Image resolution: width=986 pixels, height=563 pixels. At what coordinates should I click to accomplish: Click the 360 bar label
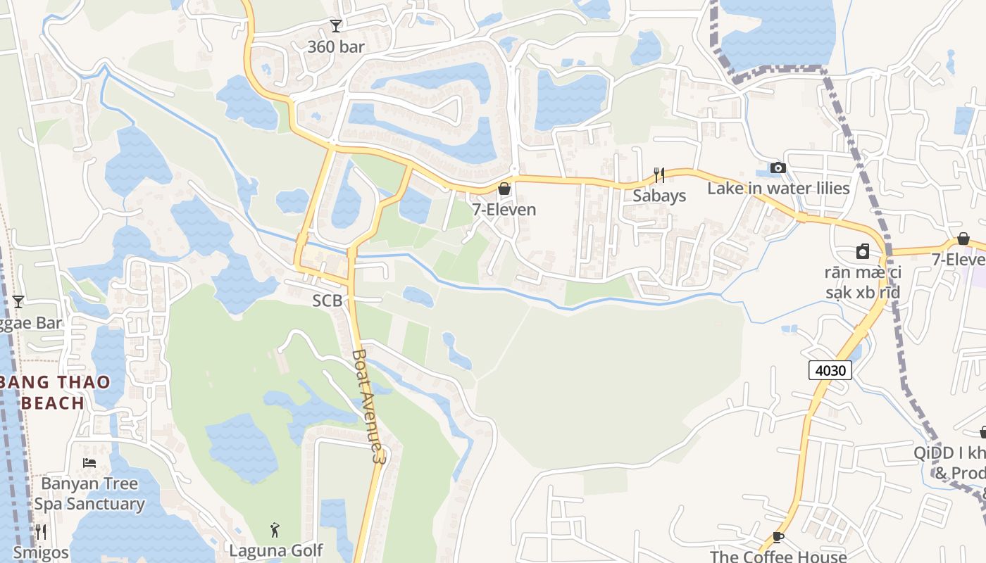[x=336, y=47]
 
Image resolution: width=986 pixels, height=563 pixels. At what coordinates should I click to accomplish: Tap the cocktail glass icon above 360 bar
[x=336, y=26]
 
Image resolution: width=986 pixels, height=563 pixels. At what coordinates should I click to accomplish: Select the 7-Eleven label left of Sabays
[x=504, y=210]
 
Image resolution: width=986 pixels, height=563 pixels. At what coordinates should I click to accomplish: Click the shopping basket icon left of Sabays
[x=504, y=189]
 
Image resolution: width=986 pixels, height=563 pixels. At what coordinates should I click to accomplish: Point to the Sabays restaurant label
[x=659, y=196]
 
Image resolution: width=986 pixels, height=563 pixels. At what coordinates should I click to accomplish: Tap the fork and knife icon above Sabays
[x=659, y=175]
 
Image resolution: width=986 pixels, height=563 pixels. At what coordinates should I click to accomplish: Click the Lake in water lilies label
[x=778, y=189]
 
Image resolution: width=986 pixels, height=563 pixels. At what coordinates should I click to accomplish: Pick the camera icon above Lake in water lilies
[x=778, y=167]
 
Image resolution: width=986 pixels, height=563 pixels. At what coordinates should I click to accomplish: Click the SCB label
[x=327, y=301]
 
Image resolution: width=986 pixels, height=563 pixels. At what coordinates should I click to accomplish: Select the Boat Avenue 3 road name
[x=370, y=406]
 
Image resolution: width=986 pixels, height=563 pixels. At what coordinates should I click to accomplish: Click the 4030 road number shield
[x=830, y=370]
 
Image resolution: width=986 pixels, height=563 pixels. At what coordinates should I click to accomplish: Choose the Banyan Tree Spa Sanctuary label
[x=89, y=494]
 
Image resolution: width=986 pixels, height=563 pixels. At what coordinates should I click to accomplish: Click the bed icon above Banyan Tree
[x=89, y=463]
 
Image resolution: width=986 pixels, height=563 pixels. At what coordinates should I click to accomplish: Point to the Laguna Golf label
[x=275, y=550]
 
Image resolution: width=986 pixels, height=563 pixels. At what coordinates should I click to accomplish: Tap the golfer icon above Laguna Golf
[x=275, y=529]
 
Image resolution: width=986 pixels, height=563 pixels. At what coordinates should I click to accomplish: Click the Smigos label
[x=41, y=552]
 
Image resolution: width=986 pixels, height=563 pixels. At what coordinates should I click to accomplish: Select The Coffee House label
[x=778, y=556]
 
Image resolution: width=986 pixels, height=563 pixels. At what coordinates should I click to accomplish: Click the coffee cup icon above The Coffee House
[x=778, y=537]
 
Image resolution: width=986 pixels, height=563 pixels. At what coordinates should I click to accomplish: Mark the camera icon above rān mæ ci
[x=863, y=251]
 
